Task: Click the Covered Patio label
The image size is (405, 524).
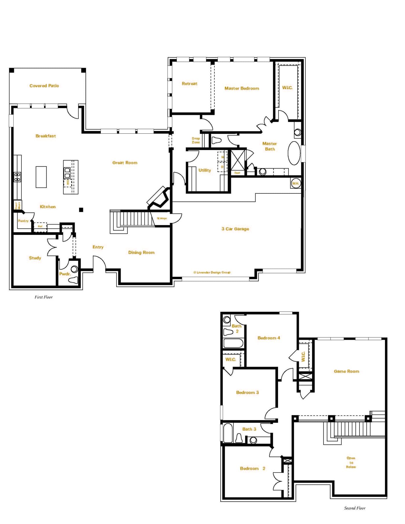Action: (x=44, y=86)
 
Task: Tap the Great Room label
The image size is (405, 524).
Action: (x=125, y=163)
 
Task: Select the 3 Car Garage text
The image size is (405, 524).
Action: (x=235, y=229)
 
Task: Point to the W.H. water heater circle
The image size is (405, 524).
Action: (x=295, y=184)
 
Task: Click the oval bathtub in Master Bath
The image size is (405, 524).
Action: (x=294, y=153)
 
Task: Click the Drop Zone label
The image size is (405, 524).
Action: (x=196, y=141)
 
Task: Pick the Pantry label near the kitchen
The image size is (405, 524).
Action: (x=23, y=221)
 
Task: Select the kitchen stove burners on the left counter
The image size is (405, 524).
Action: (x=17, y=177)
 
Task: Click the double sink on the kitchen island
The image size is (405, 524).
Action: (x=67, y=173)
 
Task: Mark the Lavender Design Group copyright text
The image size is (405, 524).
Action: (x=212, y=272)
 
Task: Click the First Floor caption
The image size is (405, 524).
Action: (x=44, y=297)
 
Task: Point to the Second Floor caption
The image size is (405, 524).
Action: (x=355, y=508)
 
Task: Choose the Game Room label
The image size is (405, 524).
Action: (x=346, y=371)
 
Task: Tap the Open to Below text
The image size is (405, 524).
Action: (x=351, y=463)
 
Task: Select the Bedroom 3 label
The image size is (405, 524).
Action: (x=247, y=393)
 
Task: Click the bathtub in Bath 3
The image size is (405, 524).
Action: (x=228, y=433)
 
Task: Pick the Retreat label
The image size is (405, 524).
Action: (x=189, y=84)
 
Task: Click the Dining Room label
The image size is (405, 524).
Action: (x=141, y=252)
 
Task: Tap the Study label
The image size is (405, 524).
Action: (x=35, y=258)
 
